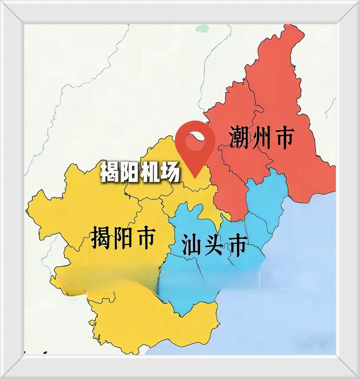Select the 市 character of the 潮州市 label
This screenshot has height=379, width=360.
(x=284, y=137)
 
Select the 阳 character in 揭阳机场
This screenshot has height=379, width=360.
(x=129, y=172)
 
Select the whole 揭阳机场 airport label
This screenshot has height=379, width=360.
(x=139, y=172)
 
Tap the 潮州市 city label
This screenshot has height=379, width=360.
(x=262, y=137)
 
